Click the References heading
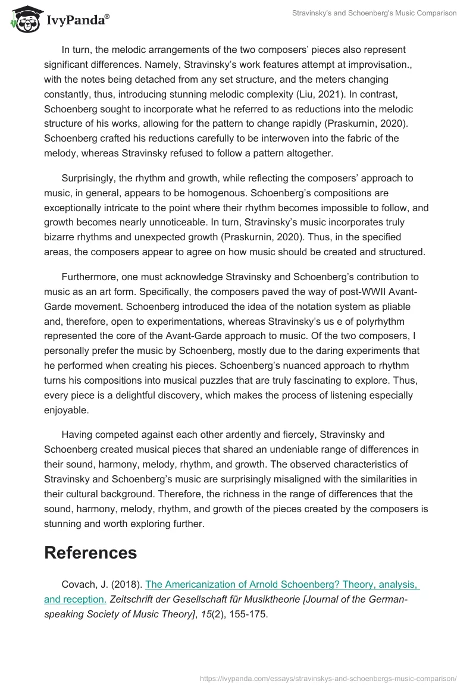tap(90, 553)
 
